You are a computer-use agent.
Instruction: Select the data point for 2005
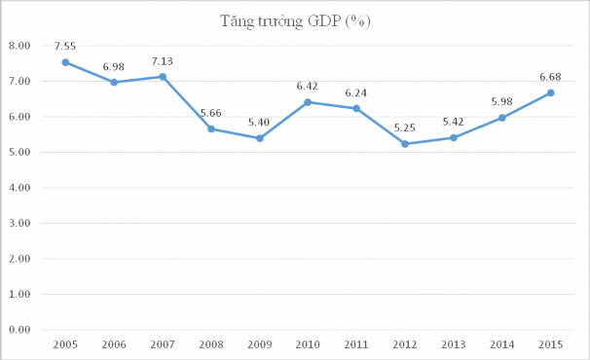[x=65, y=62]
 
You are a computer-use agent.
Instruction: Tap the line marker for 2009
[x=260, y=138]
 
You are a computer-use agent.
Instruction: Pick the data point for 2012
[x=405, y=144]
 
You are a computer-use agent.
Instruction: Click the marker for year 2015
[x=551, y=93]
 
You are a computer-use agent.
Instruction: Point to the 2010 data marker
[x=309, y=102]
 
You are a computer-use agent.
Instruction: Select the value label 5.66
[x=211, y=113]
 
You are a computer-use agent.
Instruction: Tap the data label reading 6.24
[x=357, y=91]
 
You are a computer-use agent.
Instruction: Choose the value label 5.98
[x=502, y=101]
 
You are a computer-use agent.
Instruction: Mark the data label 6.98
[x=114, y=66]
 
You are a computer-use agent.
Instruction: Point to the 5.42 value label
[x=454, y=122]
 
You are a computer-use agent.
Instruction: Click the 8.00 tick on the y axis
[x=19, y=46]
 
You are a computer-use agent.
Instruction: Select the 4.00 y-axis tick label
[x=19, y=188]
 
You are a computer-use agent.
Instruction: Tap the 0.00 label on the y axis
[x=19, y=330]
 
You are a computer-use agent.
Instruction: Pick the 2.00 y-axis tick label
[x=19, y=259]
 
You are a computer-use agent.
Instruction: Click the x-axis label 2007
[x=163, y=345]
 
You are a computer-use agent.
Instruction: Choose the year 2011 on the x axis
[x=357, y=345]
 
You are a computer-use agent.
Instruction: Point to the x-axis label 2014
[x=502, y=345]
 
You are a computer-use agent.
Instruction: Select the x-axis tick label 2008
[x=211, y=345]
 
